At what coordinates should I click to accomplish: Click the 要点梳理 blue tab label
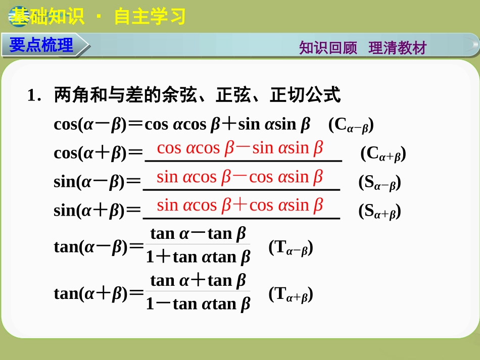point(41,45)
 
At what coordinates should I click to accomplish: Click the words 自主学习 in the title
point(150,17)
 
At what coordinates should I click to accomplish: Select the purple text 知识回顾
point(328,48)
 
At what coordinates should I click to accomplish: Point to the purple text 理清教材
point(398,48)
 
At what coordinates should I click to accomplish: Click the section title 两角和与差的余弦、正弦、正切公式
point(197,95)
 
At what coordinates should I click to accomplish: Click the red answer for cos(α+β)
point(240,148)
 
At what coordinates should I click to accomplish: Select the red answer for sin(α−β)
point(240,177)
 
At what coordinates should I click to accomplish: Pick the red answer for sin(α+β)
point(240,205)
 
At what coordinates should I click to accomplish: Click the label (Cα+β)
point(383,154)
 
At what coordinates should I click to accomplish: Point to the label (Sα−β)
point(379,183)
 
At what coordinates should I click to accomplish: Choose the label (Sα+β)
point(379,211)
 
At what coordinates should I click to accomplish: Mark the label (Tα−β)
point(291,247)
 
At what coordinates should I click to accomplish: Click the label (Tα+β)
point(291,294)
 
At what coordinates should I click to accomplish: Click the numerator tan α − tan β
point(198,234)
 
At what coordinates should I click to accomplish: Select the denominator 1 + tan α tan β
point(198,258)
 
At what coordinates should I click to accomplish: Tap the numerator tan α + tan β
point(198,280)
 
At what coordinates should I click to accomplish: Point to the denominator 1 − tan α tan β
point(198,304)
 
